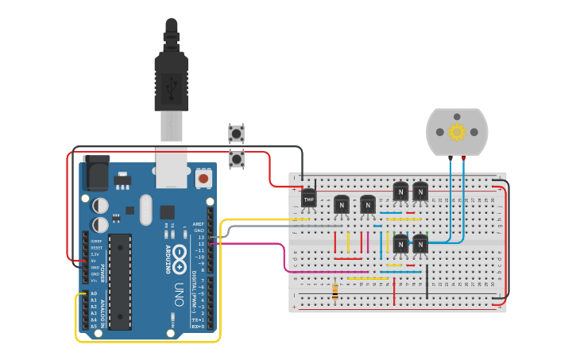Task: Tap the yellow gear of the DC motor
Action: [457, 132]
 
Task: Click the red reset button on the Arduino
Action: [203, 179]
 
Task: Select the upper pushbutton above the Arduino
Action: [236, 133]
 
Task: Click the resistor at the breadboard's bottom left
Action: [335, 292]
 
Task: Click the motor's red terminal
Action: [463, 159]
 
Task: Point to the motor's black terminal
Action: [450, 159]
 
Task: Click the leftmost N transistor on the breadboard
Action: [342, 204]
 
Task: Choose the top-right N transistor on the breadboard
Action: [419, 192]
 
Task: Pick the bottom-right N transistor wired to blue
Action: [419, 244]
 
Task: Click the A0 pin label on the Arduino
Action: [93, 293]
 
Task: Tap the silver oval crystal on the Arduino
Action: [145, 210]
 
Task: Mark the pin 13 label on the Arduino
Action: [201, 237]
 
